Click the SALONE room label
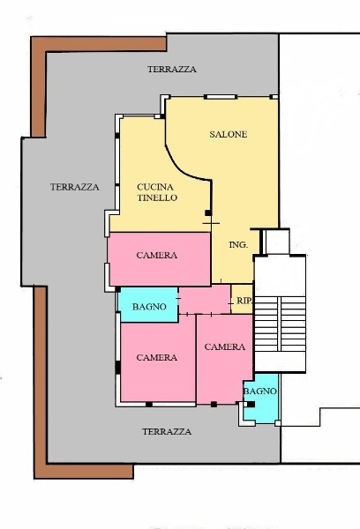pyautogui.click(x=228, y=135)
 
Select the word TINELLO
pyautogui.click(x=158, y=198)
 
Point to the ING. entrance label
pyautogui.click(x=237, y=244)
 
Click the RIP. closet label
pyautogui.click(x=244, y=301)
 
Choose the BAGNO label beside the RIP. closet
pyautogui.click(x=149, y=307)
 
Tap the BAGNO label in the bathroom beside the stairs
pyautogui.click(x=260, y=391)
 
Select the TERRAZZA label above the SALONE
pyautogui.click(x=172, y=69)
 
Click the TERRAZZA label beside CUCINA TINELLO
pyautogui.click(x=74, y=187)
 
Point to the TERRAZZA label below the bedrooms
pyautogui.click(x=167, y=432)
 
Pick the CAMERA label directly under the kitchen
pyautogui.click(x=157, y=256)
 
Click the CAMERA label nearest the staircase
pyautogui.click(x=224, y=347)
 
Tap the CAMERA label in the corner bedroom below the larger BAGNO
pyautogui.click(x=157, y=358)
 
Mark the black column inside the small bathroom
pyautogui.click(x=251, y=405)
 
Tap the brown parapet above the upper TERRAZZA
pyautogui.click(x=97, y=41)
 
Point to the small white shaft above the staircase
pyautogui.click(x=276, y=242)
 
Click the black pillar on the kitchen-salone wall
pyautogui.click(x=207, y=212)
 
